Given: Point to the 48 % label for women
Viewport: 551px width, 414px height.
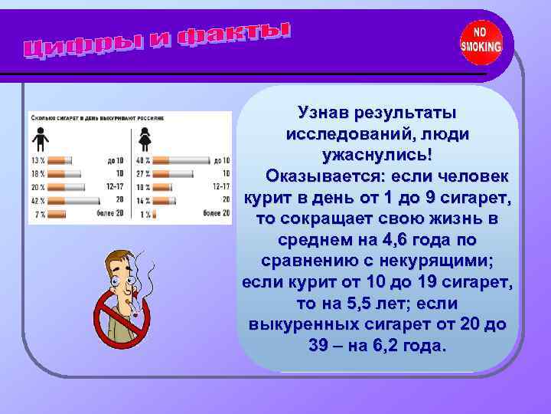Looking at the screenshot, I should pyautogui.click(x=142, y=161).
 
